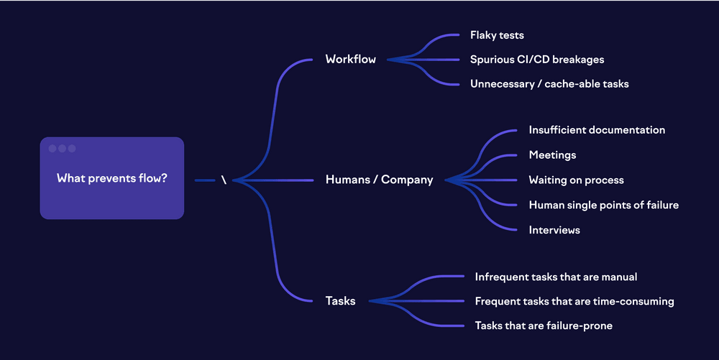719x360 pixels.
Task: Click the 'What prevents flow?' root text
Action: [x=111, y=178]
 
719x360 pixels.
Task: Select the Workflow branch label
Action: [x=350, y=60]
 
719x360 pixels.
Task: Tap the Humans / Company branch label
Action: [x=379, y=180]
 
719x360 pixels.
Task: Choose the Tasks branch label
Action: [x=340, y=301]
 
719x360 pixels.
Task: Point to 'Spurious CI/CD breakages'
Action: [x=537, y=60]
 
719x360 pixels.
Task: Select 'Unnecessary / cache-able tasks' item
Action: [x=549, y=84]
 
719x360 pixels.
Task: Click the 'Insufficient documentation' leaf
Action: [x=597, y=130]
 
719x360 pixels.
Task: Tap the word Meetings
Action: [x=552, y=155]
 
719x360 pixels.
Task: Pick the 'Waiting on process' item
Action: [x=576, y=180]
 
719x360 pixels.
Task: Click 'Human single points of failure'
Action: [x=603, y=206]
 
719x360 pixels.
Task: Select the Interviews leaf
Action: [x=554, y=231]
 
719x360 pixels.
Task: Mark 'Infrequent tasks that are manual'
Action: [x=556, y=277]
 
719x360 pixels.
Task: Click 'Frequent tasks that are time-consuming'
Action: [x=574, y=302]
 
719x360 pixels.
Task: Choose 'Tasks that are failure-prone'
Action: [x=544, y=326]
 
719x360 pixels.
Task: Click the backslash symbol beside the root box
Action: [x=224, y=180]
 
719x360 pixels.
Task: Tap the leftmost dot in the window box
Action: [x=52, y=149]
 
